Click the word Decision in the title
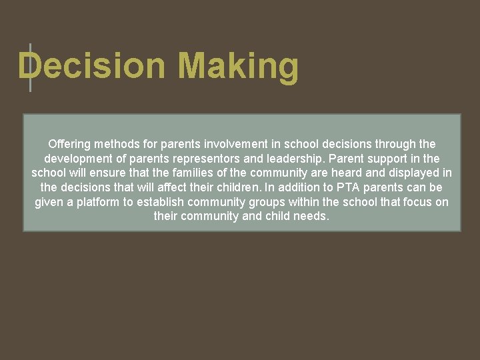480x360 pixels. [91, 67]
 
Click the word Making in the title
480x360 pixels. [238, 67]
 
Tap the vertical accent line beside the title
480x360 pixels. [30, 67]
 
